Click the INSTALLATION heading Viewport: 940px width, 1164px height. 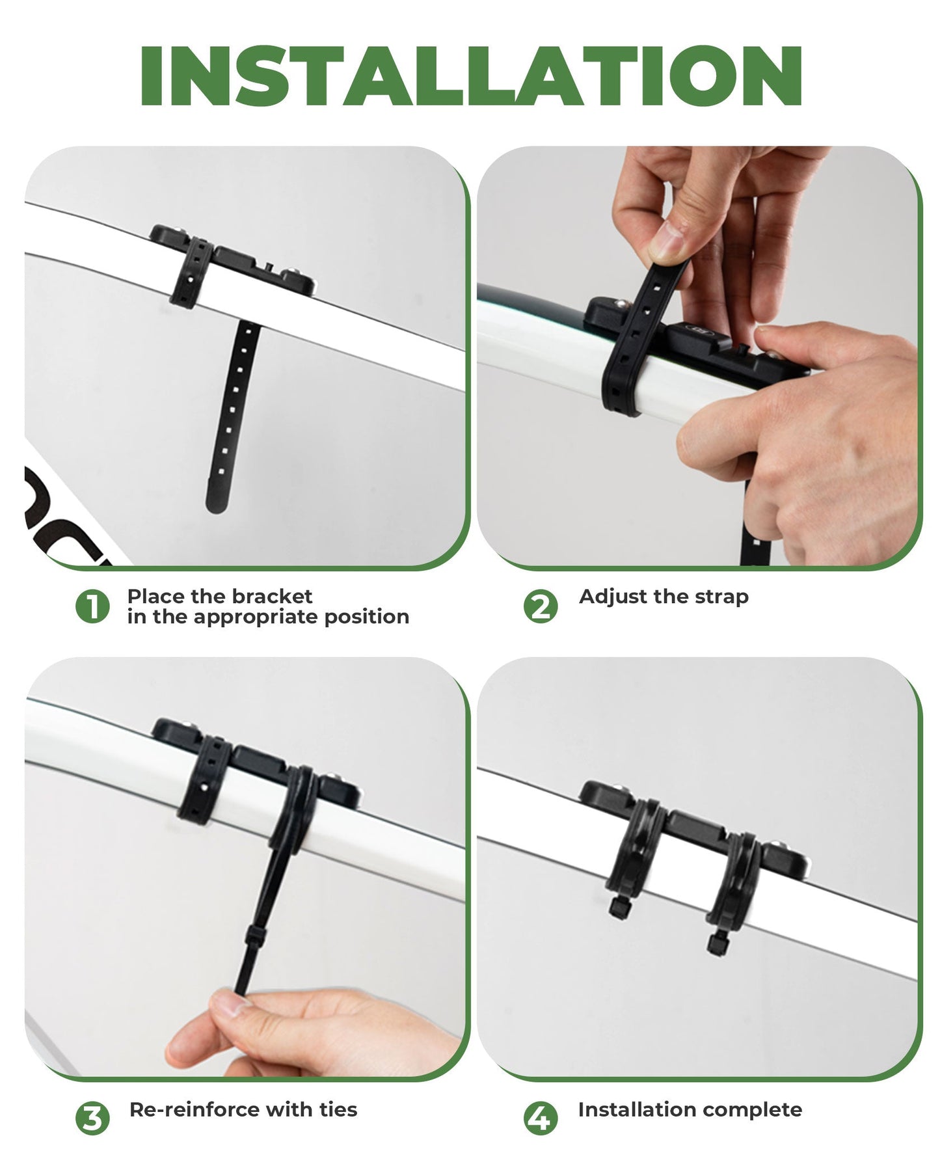coord(470,77)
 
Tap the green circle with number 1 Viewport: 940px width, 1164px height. coord(92,606)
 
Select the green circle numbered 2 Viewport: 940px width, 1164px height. coord(540,606)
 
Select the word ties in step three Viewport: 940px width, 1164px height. coord(338,1109)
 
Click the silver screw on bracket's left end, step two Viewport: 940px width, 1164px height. coord(621,303)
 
